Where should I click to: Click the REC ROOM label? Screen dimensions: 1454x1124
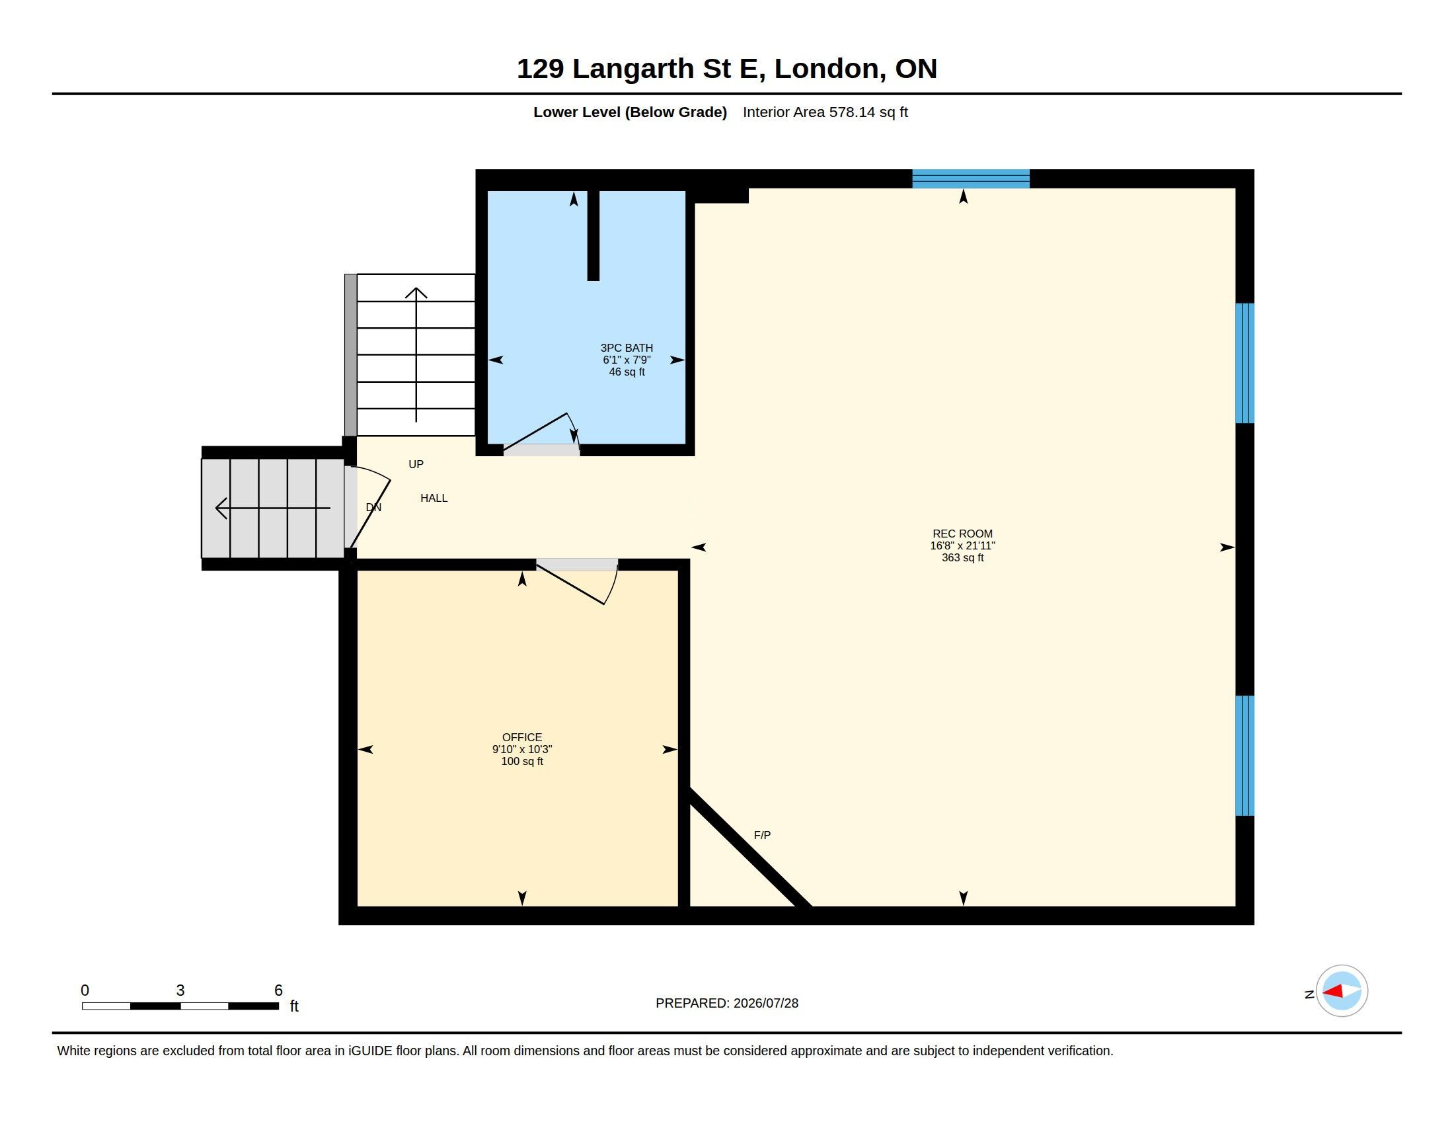[962, 534]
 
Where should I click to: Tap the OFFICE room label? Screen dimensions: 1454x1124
[522, 737]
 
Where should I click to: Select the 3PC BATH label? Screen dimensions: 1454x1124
[627, 348]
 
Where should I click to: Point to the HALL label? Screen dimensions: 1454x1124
[434, 498]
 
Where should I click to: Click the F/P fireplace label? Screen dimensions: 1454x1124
[762, 835]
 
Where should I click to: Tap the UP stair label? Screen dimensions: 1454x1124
[416, 464]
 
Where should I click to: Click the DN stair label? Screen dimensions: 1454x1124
[373, 507]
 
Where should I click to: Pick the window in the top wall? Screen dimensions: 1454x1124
[971, 179]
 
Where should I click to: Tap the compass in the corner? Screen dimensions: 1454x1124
[1342, 991]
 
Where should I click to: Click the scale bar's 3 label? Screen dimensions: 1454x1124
[180, 990]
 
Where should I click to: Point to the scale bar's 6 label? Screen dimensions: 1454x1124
[278, 990]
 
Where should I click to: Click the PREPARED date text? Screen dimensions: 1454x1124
[727, 1003]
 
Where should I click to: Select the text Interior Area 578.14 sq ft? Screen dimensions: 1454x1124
[825, 112]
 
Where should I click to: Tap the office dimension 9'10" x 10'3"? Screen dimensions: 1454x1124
[522, 749]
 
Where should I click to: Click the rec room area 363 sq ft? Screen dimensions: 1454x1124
[962, 557]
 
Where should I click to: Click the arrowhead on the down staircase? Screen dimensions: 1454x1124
[220, 508]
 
